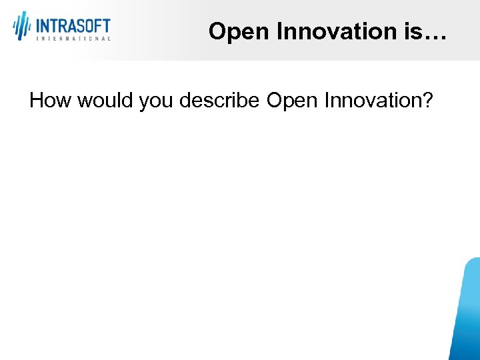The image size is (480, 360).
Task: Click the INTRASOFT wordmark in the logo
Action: (x=73, y=26)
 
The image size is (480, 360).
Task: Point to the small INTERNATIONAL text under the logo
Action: (x=73, y=39)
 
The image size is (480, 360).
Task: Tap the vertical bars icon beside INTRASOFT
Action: (x=22, y=25)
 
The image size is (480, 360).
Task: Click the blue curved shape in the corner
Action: (x=467, y=313)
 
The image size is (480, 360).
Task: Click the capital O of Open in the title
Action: (x=217, y=31)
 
